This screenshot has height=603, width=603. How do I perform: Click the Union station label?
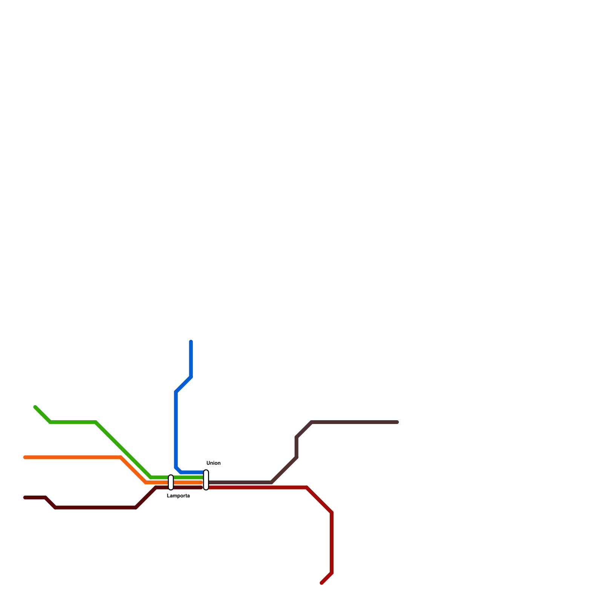(213, 463)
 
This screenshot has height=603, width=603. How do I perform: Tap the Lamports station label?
(178, 496)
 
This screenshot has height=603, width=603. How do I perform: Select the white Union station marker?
(206, 480)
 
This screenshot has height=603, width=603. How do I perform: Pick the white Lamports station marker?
(171, 482)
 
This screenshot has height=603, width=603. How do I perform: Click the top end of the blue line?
(191, 342)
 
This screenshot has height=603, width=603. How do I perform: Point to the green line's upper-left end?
(35, 407)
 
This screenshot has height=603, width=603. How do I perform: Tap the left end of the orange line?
(25, 458)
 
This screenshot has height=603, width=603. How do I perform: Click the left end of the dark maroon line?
(25, 497)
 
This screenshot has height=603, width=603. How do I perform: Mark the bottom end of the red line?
(322, 583)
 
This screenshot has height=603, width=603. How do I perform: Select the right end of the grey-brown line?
(397, 422)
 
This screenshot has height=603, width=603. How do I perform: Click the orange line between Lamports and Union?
(188, 482)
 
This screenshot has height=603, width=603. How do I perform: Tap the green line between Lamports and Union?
(188, 478)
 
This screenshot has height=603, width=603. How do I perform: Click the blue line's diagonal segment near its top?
(184, 384)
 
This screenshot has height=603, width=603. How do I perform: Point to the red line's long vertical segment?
(332, 543)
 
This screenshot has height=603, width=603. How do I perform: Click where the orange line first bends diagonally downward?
(121, 458)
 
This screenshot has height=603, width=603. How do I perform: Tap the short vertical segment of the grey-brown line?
(297, 447)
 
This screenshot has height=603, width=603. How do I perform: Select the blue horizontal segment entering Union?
(192, 472)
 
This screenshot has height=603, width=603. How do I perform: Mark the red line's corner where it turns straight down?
(332, 513)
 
